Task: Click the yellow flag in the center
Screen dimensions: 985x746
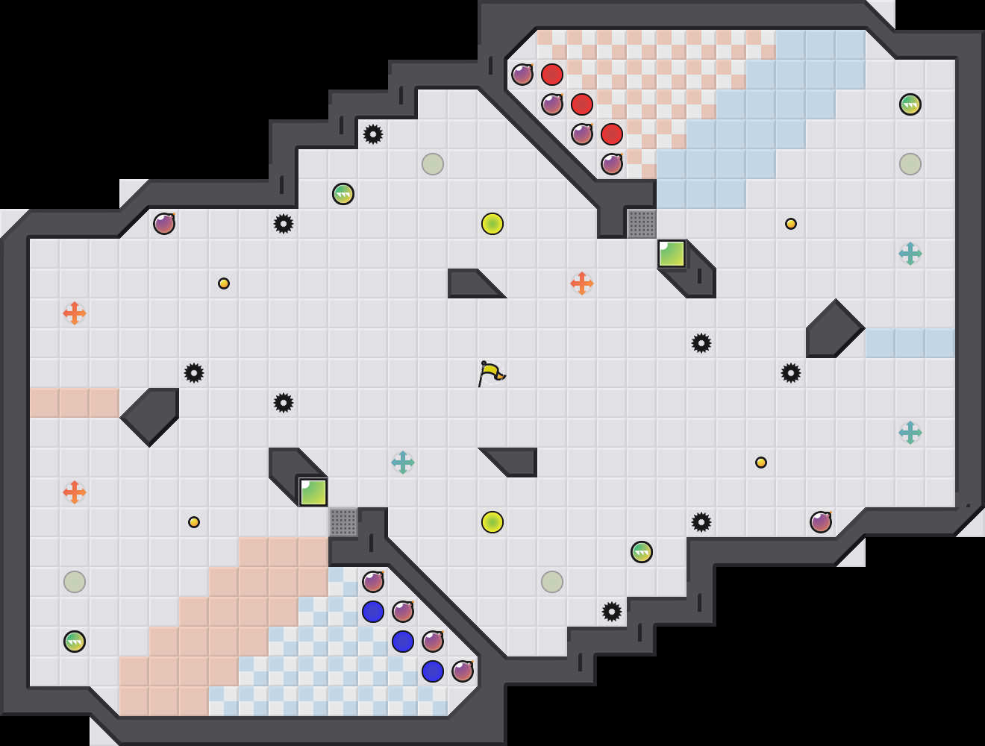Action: coord(490,373)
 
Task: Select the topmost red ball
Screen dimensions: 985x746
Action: coord(552,75)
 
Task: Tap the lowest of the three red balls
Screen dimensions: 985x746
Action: coord(612,134)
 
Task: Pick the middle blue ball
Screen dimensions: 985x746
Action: coord(403,642)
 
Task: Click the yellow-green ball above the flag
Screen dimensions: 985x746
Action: coord(492,224)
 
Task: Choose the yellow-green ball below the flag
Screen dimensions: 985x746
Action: coord(492,522)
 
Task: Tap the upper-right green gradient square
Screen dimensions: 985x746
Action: coord(672,254)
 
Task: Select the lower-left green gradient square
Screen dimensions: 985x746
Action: coord(313,492)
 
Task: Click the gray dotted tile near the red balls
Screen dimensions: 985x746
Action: coord(642,224)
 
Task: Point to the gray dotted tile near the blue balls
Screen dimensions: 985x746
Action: coord(343,522)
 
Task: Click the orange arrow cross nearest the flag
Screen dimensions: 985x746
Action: coord(582,283)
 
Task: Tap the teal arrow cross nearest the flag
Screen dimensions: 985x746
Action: coord(403,463)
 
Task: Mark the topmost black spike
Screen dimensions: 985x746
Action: coord(373,134)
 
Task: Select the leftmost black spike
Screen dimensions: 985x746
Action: coord(194,373)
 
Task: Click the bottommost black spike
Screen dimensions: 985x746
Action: coord(612,612)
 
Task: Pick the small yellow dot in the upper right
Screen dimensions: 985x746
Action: coord(791,224)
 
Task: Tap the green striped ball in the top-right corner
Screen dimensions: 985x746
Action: coord(910,104)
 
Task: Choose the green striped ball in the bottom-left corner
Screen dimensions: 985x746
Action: coord(75,642)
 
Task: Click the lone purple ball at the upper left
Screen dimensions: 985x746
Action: coord(164,224)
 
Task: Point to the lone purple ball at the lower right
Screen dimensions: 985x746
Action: coord(821,522)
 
